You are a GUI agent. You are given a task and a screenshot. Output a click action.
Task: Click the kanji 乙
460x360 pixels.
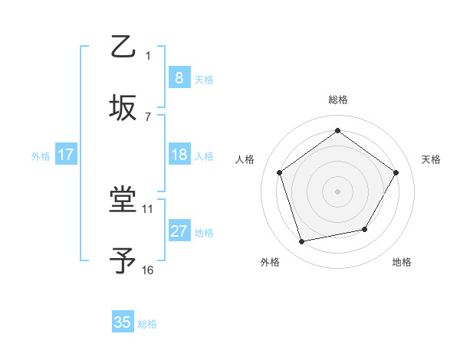tap(123, 47)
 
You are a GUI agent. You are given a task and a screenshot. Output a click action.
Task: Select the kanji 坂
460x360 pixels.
tap(123, 107)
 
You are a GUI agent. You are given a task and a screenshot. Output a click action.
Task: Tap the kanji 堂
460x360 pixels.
tap(123, 201)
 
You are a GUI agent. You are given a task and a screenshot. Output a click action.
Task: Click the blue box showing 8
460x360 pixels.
tap(179, 77)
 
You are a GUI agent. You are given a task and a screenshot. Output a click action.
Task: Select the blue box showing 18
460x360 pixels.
tap(179, 155)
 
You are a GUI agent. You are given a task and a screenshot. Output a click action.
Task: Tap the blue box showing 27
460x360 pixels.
tap(179, 231)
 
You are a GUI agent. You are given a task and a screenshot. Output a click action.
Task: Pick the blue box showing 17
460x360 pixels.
tap(66, 155)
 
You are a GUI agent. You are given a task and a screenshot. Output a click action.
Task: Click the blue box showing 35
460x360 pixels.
tap(123, 322)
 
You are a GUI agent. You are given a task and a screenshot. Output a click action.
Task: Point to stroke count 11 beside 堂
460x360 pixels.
tap(148, 208)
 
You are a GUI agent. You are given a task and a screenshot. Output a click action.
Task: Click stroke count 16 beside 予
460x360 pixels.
tap(148, 270)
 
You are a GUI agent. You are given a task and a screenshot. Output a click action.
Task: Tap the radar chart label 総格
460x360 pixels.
tap(338, 100)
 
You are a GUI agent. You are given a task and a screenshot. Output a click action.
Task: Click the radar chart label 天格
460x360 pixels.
tap(431, 159)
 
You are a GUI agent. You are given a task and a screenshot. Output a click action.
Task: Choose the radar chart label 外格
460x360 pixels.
tap(270, 262)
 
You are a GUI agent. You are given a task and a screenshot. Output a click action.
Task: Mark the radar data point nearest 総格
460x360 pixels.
tap(337, 131)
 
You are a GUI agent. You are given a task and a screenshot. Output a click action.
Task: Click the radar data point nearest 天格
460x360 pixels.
tap(396, 172)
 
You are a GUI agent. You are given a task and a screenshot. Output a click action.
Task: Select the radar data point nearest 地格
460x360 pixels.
tap(365, 229)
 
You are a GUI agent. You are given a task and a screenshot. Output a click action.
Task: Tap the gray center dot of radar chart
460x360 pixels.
tap(337, 191)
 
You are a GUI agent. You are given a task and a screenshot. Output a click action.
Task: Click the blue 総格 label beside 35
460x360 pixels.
tap(147, 324)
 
